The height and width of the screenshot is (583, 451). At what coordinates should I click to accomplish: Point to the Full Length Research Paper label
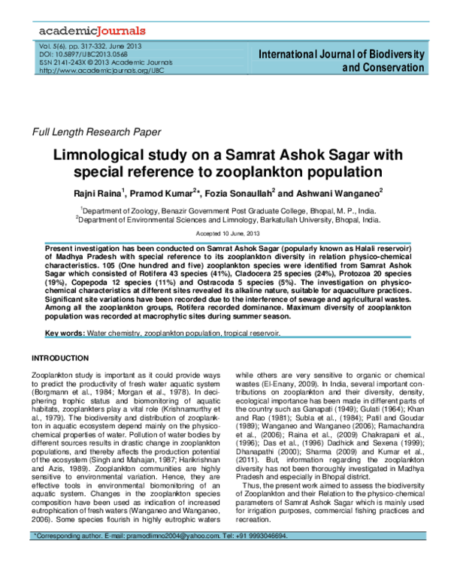95,133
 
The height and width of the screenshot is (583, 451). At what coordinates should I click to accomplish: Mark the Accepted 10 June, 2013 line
225,234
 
